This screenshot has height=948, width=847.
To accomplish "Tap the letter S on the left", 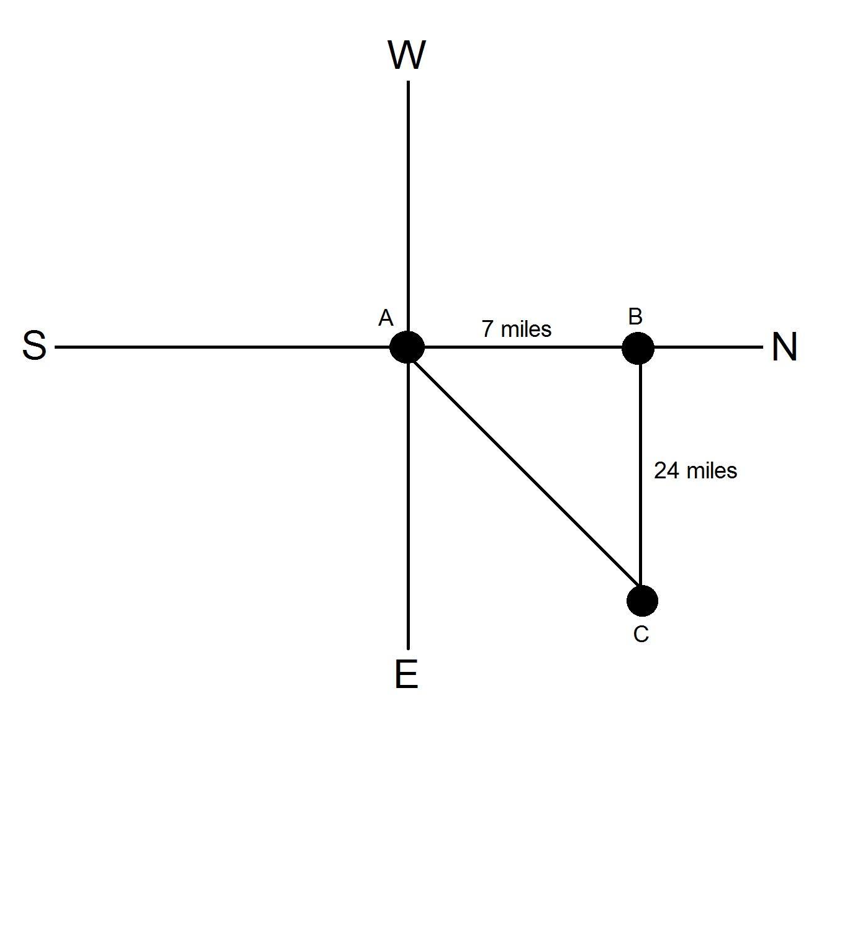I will point(34,346).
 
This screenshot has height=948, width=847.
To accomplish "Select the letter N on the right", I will point(784,347).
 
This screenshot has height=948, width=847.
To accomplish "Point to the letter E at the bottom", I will point(406,674).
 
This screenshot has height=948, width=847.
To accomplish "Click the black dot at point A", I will point(407,347).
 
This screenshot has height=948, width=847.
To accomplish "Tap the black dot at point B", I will point(638,347).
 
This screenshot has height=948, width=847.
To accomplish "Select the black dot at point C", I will point(642,601).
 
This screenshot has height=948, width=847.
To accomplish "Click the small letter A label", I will point(386,318).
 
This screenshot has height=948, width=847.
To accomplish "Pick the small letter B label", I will point(635,317).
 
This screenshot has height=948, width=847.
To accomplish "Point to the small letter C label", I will point(641,635).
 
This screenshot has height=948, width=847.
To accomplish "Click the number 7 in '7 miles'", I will point(488,329).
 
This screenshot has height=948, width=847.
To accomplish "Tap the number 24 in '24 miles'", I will point(666,471).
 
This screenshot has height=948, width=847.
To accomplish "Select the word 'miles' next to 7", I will point(525,329).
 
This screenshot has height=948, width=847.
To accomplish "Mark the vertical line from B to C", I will point(640,472).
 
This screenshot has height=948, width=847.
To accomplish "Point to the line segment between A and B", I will point(522,347).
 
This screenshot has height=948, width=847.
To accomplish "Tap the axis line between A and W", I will point(408,205).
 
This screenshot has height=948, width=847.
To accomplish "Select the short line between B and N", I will point(708,347).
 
